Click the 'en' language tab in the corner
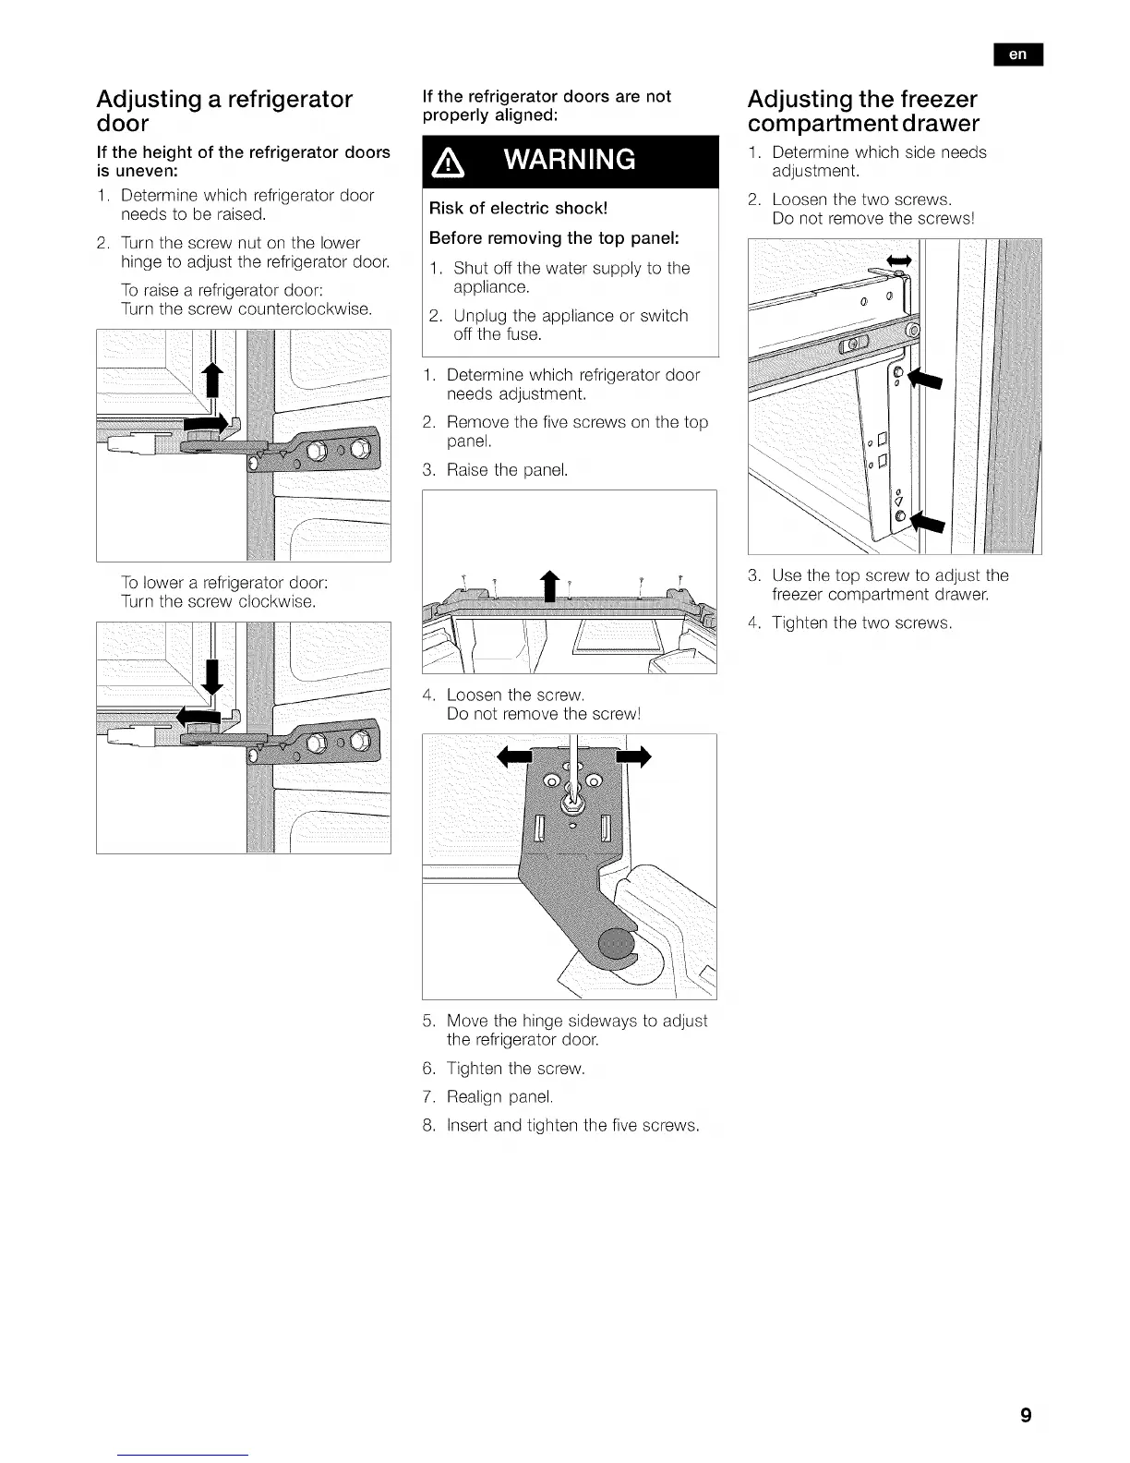coord(1017,54)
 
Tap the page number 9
coord(1026,1415)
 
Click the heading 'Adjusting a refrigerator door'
coord(224,111)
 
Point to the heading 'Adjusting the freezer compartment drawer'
coord(863,111)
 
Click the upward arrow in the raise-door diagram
coord(213,381)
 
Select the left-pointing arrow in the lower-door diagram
coord(202,717)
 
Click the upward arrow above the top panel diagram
coord(549,586)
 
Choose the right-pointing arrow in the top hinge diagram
coord(633,757)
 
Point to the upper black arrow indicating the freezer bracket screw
coord(924,379)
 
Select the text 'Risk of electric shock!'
coord(518,208)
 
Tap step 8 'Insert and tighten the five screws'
coord(572,1125)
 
